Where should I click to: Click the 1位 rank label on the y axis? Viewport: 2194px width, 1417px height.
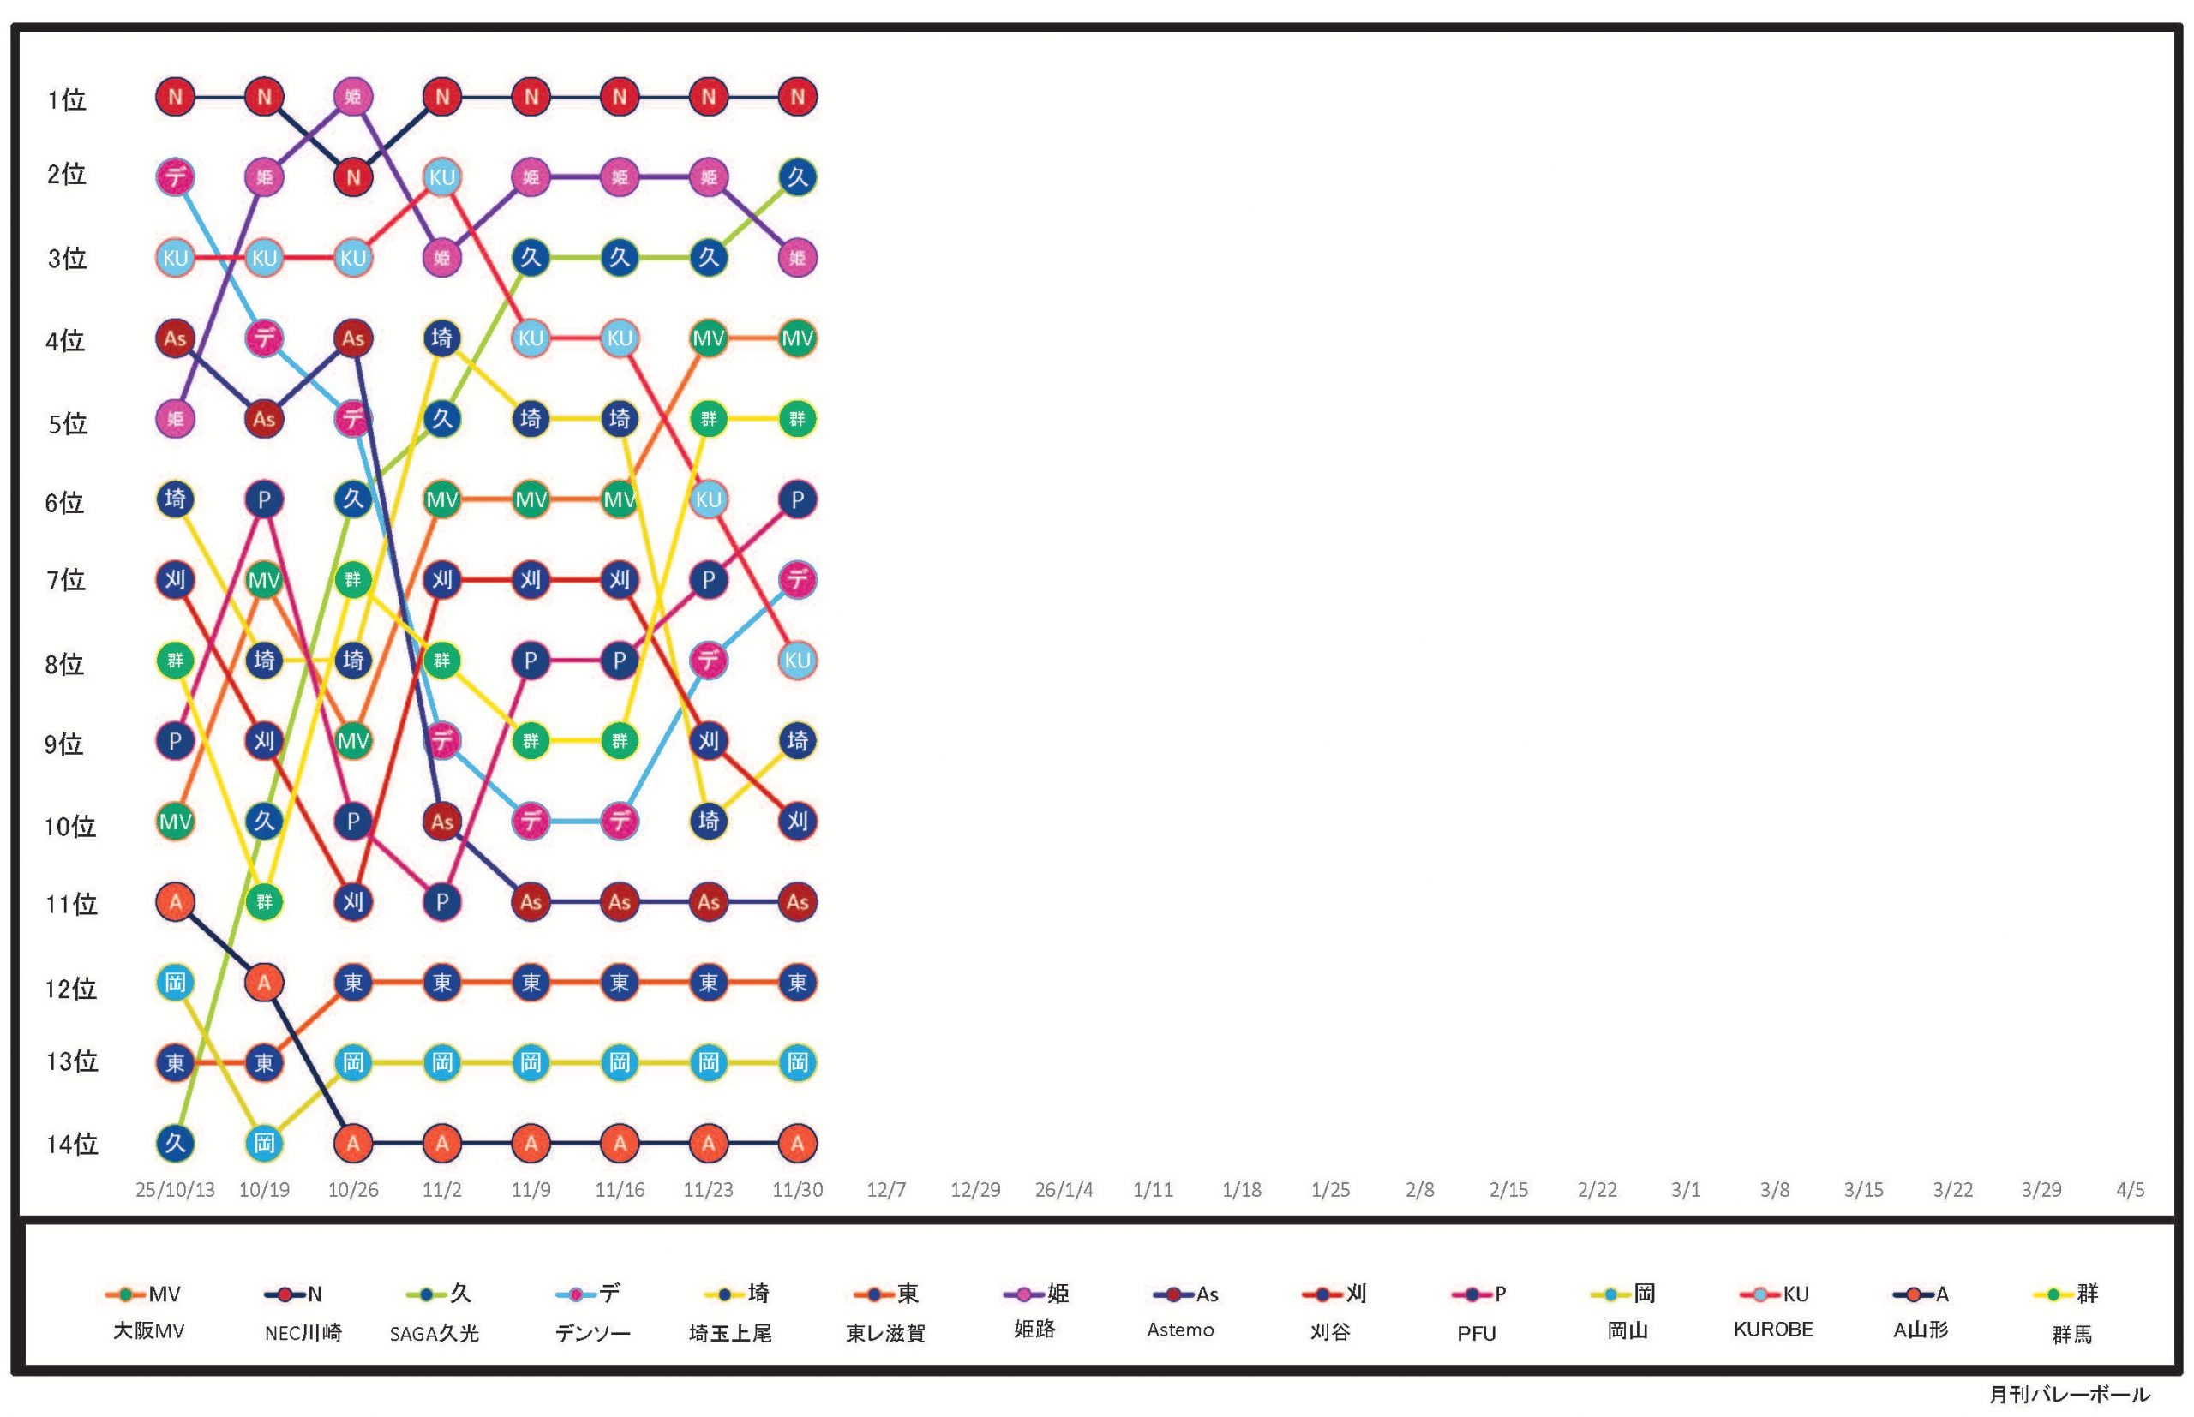[x=66, y=99]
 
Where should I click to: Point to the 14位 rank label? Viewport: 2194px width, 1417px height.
[x=72, y=1144]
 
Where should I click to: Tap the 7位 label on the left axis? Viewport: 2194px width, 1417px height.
[x=66, y=580]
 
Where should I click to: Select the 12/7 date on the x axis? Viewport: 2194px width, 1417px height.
[x=885, y=1190]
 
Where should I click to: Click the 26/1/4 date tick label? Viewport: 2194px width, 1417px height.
[x=1064, y=1190]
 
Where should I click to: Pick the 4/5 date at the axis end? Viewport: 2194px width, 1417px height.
[x=2130, y=1190]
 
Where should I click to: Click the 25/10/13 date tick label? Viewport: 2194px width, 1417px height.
[x=175, y=1190]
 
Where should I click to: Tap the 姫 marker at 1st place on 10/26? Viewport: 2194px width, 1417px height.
[x=353, y=97]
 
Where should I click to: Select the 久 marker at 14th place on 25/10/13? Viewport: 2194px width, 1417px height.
[x=175, y=1143]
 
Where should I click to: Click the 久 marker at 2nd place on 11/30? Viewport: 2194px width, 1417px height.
[x=797, y=176]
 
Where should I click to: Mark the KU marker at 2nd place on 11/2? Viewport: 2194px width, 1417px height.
[x=441, y=176]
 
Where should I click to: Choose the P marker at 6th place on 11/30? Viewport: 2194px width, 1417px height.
[x=797, y=499]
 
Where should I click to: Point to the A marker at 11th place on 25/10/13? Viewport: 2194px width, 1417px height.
[x=175, y=902]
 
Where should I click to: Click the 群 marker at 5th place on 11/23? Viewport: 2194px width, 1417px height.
[x=709, y=419]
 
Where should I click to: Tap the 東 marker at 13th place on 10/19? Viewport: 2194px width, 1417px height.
[x=264, y=1062]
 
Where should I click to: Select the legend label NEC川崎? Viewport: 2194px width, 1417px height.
[x=303, y=1332]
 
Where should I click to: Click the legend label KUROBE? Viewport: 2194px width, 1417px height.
[x=1772, y=1330]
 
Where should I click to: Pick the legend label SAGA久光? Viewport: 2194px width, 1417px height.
[x=434, y=1333]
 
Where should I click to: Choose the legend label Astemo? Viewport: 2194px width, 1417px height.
[x=1180, y=1330]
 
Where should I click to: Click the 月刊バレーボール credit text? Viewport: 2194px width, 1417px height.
[x=2069, y=1395]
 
